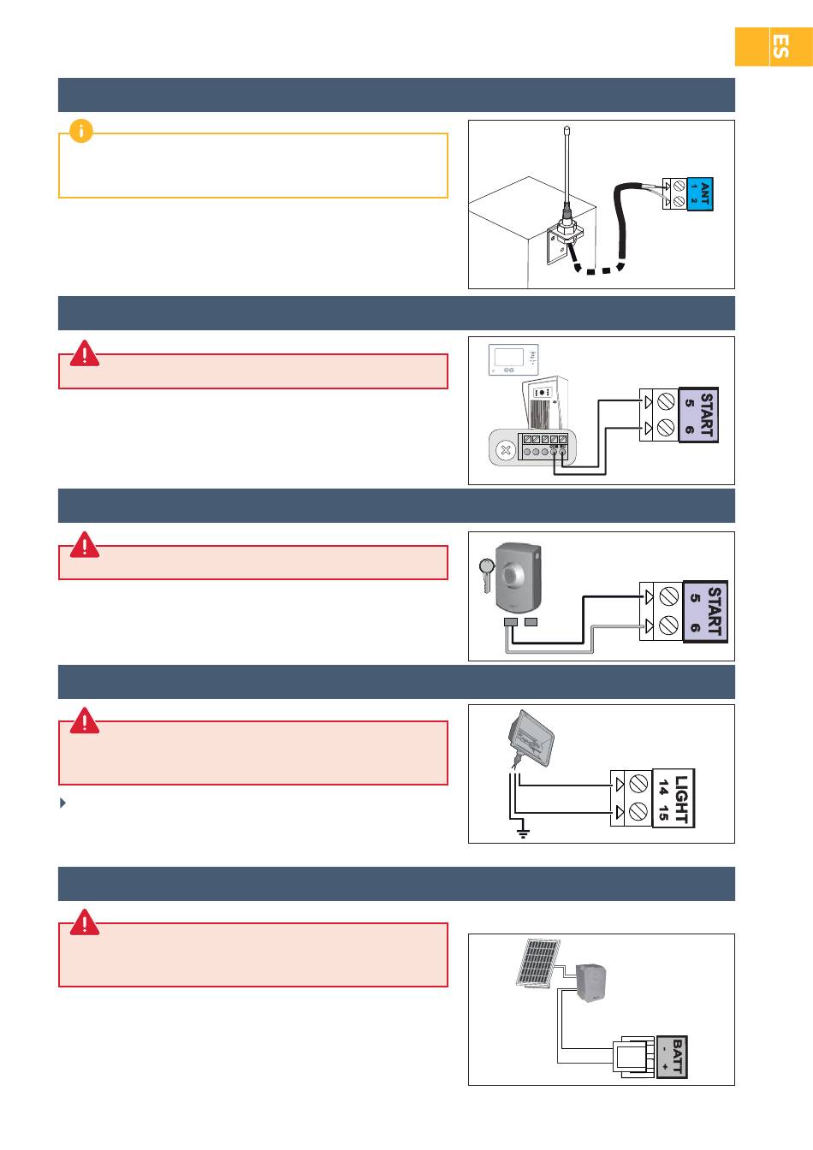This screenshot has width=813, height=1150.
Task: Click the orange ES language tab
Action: [774, 47]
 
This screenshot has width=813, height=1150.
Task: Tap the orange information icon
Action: [81, 131]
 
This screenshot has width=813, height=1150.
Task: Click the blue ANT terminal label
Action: [699, 193]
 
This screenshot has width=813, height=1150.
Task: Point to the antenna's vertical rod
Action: [567, 164]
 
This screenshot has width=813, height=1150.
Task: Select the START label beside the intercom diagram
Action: [698, 415]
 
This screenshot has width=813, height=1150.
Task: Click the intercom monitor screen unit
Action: [513, 359]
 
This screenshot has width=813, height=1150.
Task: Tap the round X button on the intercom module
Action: [506, 450]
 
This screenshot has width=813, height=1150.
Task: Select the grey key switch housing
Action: [518, 578]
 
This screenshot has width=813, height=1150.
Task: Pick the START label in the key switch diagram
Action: [705, 612]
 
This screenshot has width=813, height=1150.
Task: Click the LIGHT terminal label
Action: [674, 797]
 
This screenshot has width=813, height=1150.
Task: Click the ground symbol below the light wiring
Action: [523, 833]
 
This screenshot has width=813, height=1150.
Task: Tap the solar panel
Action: [537, 963]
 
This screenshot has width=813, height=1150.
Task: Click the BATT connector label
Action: [672, 1057]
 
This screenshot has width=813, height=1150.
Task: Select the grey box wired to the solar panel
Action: [591, 982]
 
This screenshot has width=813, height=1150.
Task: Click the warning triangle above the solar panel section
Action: [84, 922]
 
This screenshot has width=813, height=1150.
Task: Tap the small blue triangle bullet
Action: [62, 803]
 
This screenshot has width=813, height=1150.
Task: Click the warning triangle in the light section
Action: [84, 720]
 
